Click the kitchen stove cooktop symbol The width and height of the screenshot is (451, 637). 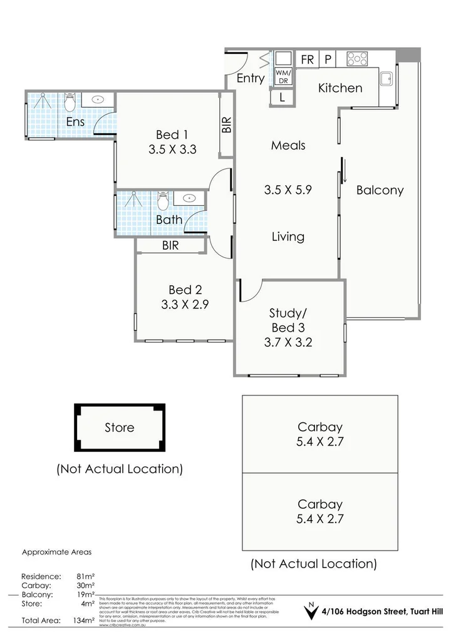click(x=358, y=59)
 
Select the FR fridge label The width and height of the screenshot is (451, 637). click(x=308, y=59)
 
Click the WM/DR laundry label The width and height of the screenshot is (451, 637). click(x=283, y=76)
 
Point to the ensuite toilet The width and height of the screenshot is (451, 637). click(x=70, y=101)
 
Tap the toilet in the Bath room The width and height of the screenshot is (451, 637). click(x=162, y=201)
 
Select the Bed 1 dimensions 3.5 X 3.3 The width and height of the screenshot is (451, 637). click(x=173, y=150)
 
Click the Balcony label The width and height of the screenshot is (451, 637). click(x=380, y=190)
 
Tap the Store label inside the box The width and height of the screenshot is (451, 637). click(x=119, y=428)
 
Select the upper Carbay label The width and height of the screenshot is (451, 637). click(x=320, y=427)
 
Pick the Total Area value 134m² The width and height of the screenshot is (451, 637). click(x=84, y=621)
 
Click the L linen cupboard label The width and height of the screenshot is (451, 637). click(x=283, y=98)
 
